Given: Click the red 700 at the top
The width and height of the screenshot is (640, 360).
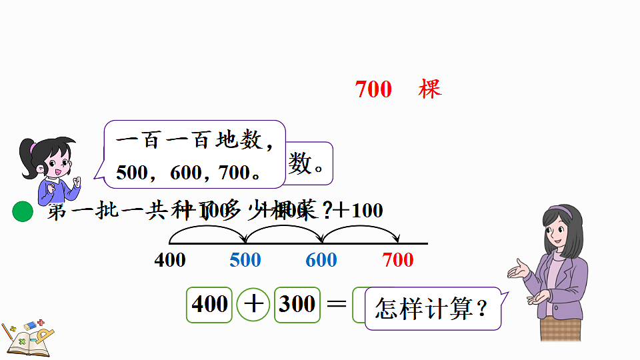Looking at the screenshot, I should click(373, 89).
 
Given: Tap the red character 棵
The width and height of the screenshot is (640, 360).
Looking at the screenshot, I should click(430, 89).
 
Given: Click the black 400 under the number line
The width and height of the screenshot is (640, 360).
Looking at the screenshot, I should click(170, 259).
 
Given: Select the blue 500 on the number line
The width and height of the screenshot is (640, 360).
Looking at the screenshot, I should click(245, 259).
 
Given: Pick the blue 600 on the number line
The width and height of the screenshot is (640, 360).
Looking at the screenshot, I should click(321, 259).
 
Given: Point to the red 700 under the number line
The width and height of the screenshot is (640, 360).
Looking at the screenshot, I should click(398, 259).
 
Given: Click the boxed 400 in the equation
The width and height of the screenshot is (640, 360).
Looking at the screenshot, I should click(209, 304).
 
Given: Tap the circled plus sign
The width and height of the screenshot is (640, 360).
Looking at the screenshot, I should click(253, 305).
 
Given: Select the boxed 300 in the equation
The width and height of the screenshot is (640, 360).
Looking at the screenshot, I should click(297, 304).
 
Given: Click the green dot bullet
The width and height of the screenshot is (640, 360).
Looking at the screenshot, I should click(23, 212).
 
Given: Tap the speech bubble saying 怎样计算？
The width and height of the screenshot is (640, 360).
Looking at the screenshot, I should click(432, 309).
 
